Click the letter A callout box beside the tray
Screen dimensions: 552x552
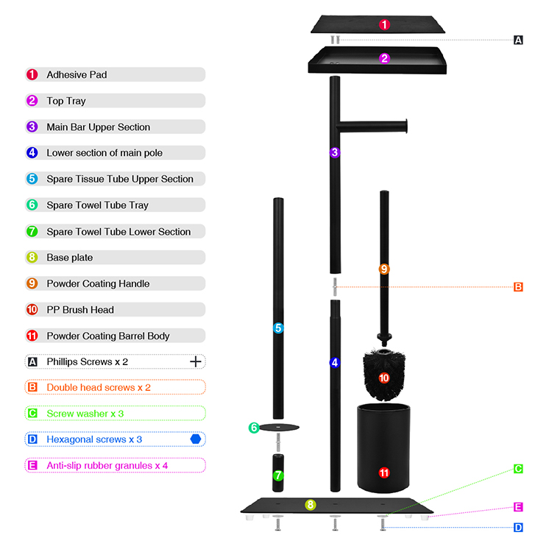pos(518,40)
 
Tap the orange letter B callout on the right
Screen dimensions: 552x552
pos(518,287)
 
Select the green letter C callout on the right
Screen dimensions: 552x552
pos(518,469)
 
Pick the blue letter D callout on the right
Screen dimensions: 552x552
pos(518,528)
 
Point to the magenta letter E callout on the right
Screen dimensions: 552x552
pos(518,507)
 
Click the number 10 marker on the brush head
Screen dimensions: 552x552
pos(384,378)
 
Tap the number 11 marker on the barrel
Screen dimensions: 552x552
pos(384,473)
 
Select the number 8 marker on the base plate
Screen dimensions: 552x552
pos(310,505)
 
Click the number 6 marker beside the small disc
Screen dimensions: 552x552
pos(254,428)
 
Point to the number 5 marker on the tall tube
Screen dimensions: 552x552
pos(278,328)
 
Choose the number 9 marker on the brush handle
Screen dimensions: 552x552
pos(384,269)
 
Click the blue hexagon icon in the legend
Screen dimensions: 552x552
pos(195,439)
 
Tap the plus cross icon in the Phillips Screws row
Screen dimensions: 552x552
pos(195,361)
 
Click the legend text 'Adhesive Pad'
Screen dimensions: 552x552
pos(77,74)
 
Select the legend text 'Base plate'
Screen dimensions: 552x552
pos(70,258)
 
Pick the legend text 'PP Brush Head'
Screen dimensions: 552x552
pos(80,310)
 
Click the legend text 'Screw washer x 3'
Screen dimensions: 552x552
pos(85,414)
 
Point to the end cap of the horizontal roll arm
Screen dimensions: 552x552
pos(406,126)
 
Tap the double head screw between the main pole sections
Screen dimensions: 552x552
pos(335,286)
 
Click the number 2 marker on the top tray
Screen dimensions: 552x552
pos(384,58)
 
